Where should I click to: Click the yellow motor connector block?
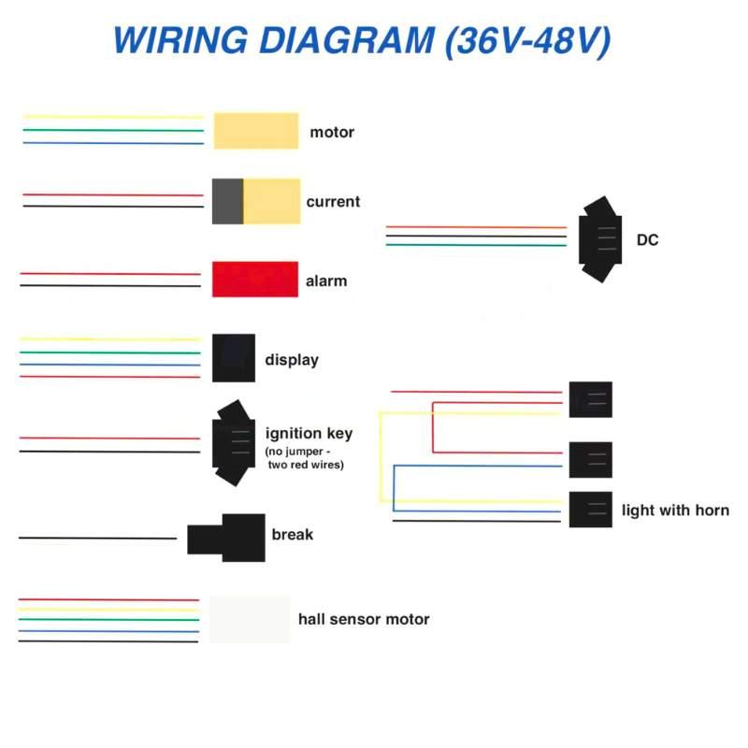click(x=256, y=131)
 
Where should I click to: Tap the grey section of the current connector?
click(x=227, y=201)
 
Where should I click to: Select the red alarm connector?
click(x=255, y=279)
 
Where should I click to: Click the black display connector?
click(x=234, y=358)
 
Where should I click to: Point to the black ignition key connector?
click(x=234, y=443)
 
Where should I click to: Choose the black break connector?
click(x=226, y=538)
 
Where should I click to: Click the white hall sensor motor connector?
click(x=250, y=619)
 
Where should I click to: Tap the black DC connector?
click(x=600, y=239)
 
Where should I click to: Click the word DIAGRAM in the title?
click(x=347, y=39)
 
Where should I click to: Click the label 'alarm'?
click(x=326, y=281)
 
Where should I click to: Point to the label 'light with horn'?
click(x=675, y=511)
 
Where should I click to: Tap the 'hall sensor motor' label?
click(x=364, y=619)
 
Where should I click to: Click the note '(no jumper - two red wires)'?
click(x=305, y=458)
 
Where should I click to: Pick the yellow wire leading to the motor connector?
click(x=113, y=117)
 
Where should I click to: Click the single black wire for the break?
click(x=98, y=538)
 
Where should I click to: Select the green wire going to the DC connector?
click(x=476, y=245)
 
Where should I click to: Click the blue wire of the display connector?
click(x=110, y=365)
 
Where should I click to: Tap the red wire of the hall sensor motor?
click(x=108, y=599)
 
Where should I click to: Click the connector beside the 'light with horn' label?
click(x=591, y=510)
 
